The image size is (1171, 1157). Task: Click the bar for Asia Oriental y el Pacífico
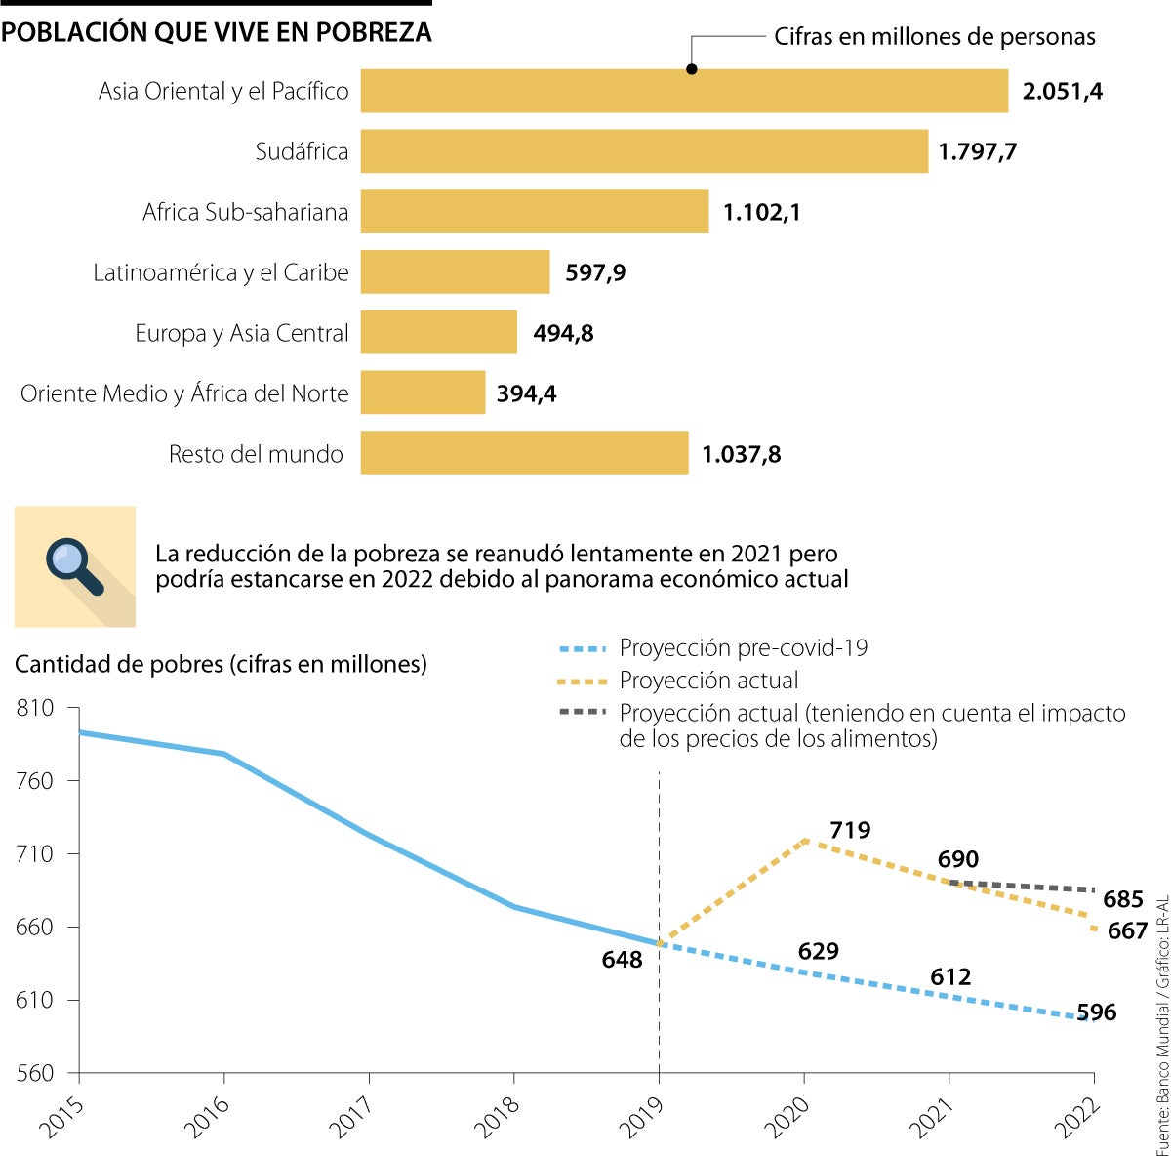click(683, 91)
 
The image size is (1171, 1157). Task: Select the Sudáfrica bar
click(644, 151)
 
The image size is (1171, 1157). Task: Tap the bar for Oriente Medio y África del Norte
click(423, 393)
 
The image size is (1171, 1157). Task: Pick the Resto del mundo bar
click(524, 453)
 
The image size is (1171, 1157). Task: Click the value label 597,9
click(595, 272)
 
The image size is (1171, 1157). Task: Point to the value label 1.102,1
click(761, 212)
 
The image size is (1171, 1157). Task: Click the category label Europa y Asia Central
click(241, 333)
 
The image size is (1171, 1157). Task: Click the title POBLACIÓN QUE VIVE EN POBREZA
click(216, 32)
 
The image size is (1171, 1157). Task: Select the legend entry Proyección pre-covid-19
click(743, 647)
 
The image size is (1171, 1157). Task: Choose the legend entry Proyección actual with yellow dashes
click(708, 681)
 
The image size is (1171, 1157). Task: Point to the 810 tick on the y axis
click(35, 708)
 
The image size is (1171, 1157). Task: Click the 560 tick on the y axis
click(35, 1073)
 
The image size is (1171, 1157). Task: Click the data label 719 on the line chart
click(850, 830)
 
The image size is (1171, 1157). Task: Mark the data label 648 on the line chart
click(622, 960)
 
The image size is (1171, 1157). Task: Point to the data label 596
click(1096, 1012)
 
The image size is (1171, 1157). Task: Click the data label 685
click(1123, 899)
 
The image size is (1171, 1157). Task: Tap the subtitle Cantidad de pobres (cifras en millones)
click(221, 664)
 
